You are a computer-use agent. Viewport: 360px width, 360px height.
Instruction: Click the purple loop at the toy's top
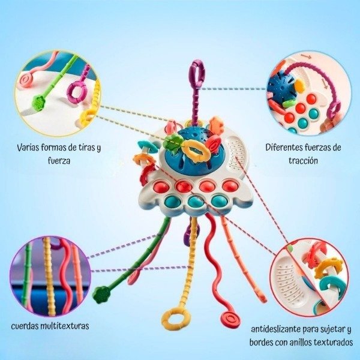[197, 74]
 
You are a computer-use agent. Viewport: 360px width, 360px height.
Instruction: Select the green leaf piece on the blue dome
[173, 143]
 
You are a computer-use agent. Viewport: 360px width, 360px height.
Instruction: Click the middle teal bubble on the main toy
[195, 202]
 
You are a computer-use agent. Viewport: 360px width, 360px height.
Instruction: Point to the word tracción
[302, 160]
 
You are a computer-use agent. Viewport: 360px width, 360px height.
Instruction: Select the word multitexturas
[67, 326]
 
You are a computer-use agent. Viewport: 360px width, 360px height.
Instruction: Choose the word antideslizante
[279, 329]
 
